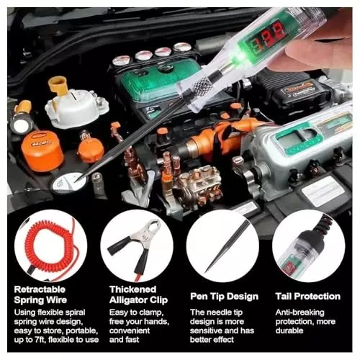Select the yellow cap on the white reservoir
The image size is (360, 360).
coord(58,86)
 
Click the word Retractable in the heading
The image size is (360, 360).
coord(40,289)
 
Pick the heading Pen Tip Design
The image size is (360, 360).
coord(224,297)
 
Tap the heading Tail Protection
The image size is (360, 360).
coord(308,297)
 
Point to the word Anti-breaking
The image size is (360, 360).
coord(300,312)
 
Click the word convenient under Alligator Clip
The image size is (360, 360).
coord(130,330)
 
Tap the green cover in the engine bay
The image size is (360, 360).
coord(160,78)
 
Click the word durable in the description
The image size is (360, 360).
coord(289,330)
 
